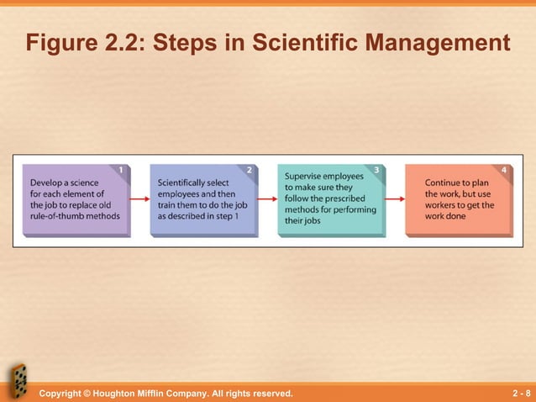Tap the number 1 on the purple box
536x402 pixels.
pyautogui.click(x=122, y=171)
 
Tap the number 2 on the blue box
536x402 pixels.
pyautogui.click(x=250, y=171)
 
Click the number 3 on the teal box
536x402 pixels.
pyautogui.click(x=376, y=171)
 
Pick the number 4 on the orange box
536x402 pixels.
pyautogui.click(x=503, y=171)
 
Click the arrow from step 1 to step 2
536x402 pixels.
pyautogui.click(x=139, y=199)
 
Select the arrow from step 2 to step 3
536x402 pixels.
pyautogui.click(x=267, y=199)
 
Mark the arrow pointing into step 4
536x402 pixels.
pyautogui.click(x=395, y=199)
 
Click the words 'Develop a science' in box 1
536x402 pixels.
pyautogui.click(x=64, y=182)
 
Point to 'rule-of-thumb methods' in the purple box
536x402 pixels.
pyautogui.click(x=75, y=215)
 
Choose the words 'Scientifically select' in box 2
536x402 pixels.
pyautogui.click(x=192, y=182)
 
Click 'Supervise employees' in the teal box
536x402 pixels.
pyautogui.click(x=324, y=177)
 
